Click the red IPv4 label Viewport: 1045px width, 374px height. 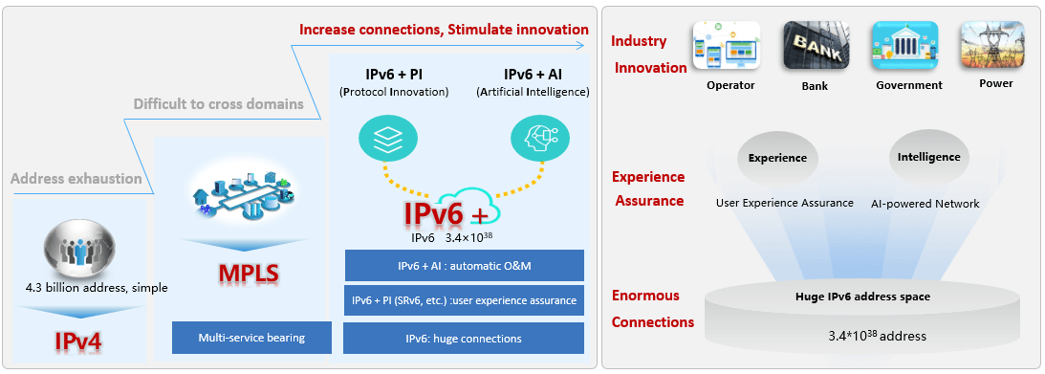tap(78, 341)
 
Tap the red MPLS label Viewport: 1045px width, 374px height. tap(248, 274)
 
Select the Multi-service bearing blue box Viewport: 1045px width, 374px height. tap(251, 338)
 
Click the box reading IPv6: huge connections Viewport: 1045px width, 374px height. tap(464, 338)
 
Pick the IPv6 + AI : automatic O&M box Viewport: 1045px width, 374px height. tap(464, 265)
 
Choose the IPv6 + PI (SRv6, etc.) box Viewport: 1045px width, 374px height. tap(464, 300)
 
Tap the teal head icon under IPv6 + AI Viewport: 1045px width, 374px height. tap(540, 138)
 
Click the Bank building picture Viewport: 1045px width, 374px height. tap(815, 45)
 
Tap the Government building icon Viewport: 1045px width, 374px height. tap(905, 45)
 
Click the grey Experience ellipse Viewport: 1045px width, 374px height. tap(777, 159)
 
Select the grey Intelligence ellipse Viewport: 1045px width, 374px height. tap(929, 158)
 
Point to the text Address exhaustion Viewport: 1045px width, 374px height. tap(76, 179)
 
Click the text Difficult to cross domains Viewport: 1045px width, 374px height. tap(219, 104)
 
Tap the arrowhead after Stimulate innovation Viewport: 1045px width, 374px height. tap(580, 45)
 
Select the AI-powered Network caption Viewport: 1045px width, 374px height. tap(925, 204)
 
